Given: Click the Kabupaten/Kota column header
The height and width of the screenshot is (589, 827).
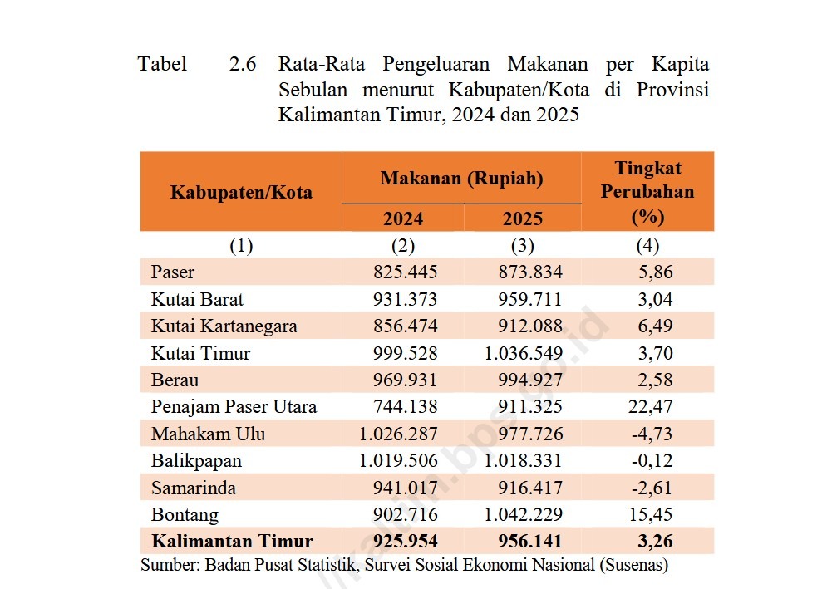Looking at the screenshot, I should pos(241,193).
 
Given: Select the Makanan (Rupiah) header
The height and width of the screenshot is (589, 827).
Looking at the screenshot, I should pos(461,179).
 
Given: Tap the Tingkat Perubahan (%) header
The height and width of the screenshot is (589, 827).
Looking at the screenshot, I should pos(647,193).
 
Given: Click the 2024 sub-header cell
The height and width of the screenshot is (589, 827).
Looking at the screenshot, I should pos(402,218).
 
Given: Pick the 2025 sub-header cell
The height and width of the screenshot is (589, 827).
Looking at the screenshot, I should pos(523,218).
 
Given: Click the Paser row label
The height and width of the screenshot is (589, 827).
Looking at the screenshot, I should pos(173,272).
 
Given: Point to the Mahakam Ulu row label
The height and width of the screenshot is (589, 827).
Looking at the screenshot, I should pos(209,434).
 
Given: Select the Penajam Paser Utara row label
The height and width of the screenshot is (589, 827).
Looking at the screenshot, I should pos(234,407).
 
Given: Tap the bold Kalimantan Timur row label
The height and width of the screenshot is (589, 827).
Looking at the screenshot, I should pos(232,542).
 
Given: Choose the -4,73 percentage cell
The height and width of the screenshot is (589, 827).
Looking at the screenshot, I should pos(654,434).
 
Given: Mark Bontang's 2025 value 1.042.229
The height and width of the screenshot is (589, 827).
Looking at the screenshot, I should pos(523,515).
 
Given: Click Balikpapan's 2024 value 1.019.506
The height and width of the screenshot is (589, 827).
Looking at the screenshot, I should pos(398,461).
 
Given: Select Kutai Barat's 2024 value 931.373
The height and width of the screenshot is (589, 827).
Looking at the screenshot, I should pos(406,299).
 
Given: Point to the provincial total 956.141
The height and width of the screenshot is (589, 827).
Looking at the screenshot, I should pos(529,542).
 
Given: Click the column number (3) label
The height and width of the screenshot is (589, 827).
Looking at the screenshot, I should pos(523,246).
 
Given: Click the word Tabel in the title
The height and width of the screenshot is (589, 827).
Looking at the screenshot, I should pos(163,64).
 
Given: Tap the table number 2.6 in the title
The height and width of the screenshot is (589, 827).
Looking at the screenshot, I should pos(243,64).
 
